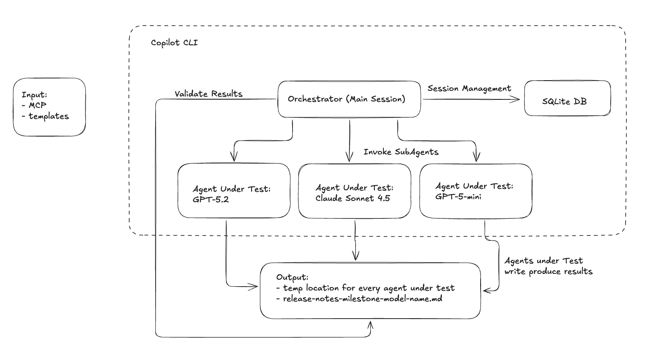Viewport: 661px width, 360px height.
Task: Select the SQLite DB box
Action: [x=567, y=99]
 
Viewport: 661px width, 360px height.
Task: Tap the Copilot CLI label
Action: [x=174, y=43]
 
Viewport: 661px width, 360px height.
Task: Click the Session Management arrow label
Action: [x=469, y=88]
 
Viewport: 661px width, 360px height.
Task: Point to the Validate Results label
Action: [x=209, y=94]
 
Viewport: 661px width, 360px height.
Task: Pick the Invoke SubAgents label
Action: [x=401, y=152]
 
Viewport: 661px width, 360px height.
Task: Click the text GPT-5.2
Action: [x=211, y=199]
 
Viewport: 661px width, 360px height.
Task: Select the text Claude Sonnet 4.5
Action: [x=353, y=198]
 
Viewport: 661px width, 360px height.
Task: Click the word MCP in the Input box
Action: [x=38, y=105]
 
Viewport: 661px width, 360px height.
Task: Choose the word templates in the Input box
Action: [x=49, y=116]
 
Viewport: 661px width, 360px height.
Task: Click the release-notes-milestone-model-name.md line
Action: [x=362, y=299]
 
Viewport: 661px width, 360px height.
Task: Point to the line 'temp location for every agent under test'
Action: [x=368, y=288]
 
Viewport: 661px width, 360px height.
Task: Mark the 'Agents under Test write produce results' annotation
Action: [x=548, y=266]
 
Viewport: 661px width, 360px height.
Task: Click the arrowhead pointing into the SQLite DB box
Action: [x=517, y=99]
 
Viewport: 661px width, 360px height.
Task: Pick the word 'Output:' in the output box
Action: [x=292, y=277]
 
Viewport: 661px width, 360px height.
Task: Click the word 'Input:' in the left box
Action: [x=35, y=95]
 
